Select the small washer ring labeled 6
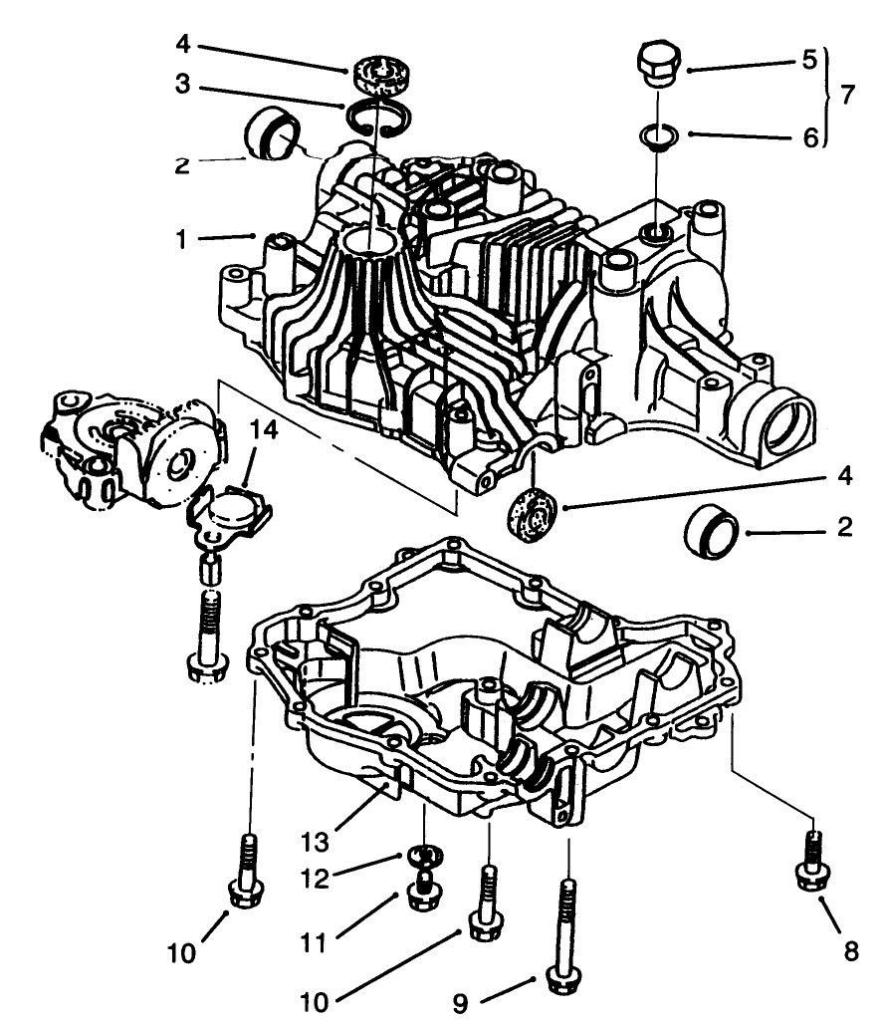coord(656,133)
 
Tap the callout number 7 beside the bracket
coord(846,96)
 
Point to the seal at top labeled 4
coord(379,74)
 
